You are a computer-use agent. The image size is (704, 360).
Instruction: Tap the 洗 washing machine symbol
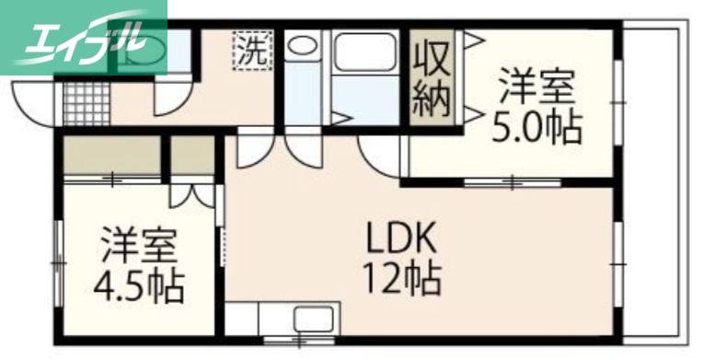(x=250, y=49)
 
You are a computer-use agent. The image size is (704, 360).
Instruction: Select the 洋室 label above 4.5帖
(x=141, y=247)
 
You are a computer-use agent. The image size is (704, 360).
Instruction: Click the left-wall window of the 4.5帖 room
(x=57, y=262)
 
